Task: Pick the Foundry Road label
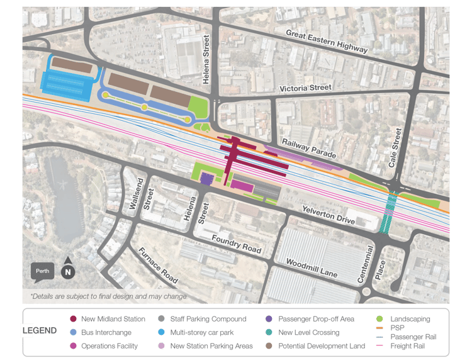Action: coord(236,244)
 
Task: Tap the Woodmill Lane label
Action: coord(312,267)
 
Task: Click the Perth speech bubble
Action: coord(43,272)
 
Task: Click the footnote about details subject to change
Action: coord(108,295)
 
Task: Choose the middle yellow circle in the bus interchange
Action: coord(144,108)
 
